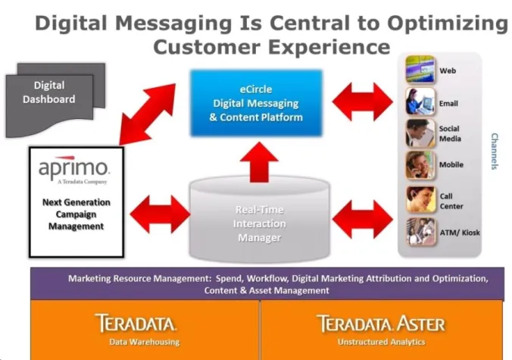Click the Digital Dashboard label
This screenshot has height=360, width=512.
point(48,92)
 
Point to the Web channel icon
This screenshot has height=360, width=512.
point(420,70)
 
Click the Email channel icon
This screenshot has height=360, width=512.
point(420,102)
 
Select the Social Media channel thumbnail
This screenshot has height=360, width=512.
point(420,133)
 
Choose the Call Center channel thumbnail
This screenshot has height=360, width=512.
point(420,199)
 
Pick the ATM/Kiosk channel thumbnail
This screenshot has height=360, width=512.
point(420,231)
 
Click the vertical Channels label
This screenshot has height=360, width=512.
point(494,152)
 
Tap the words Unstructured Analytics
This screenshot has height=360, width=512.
point(380,342)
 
